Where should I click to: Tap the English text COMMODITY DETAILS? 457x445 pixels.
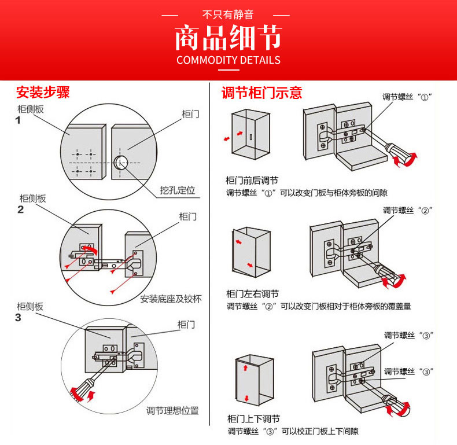pyautogui.click(x=228, y=60)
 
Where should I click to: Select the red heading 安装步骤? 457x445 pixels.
pyautogui.click(x=43, y=93)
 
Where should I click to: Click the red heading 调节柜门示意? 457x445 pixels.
pyautogui.click(x=261, y=93)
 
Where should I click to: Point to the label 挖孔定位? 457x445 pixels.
pyautogui.click(x=178, y=190)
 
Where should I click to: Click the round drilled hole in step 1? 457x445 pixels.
pyautogui.click(x=121, y=161)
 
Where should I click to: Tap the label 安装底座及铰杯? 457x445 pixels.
pyautogui.click(x=171, y=299)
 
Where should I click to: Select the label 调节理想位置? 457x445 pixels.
pyautogui.click(x=172, y=411)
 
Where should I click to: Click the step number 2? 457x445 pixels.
pyautogui.click(x=21, y=209)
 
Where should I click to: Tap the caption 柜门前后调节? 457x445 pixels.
pyautogui.click(x=252, y=181)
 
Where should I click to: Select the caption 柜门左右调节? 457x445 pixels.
pyautogui.click(x=252, y=294)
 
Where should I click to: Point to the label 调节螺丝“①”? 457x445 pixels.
pyautogui.click(x=407, y=97)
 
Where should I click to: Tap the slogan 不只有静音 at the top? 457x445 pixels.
pyautogui.click(x=228, y=14)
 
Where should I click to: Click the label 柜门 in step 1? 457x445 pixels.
pyautogui.click(x=190, y=115)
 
